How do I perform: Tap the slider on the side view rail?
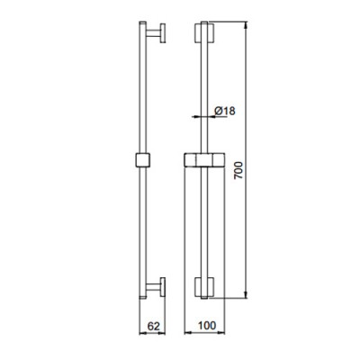coord(140,161)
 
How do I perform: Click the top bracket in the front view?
coord(204,36)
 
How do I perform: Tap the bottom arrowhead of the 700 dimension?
coord(248,299)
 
